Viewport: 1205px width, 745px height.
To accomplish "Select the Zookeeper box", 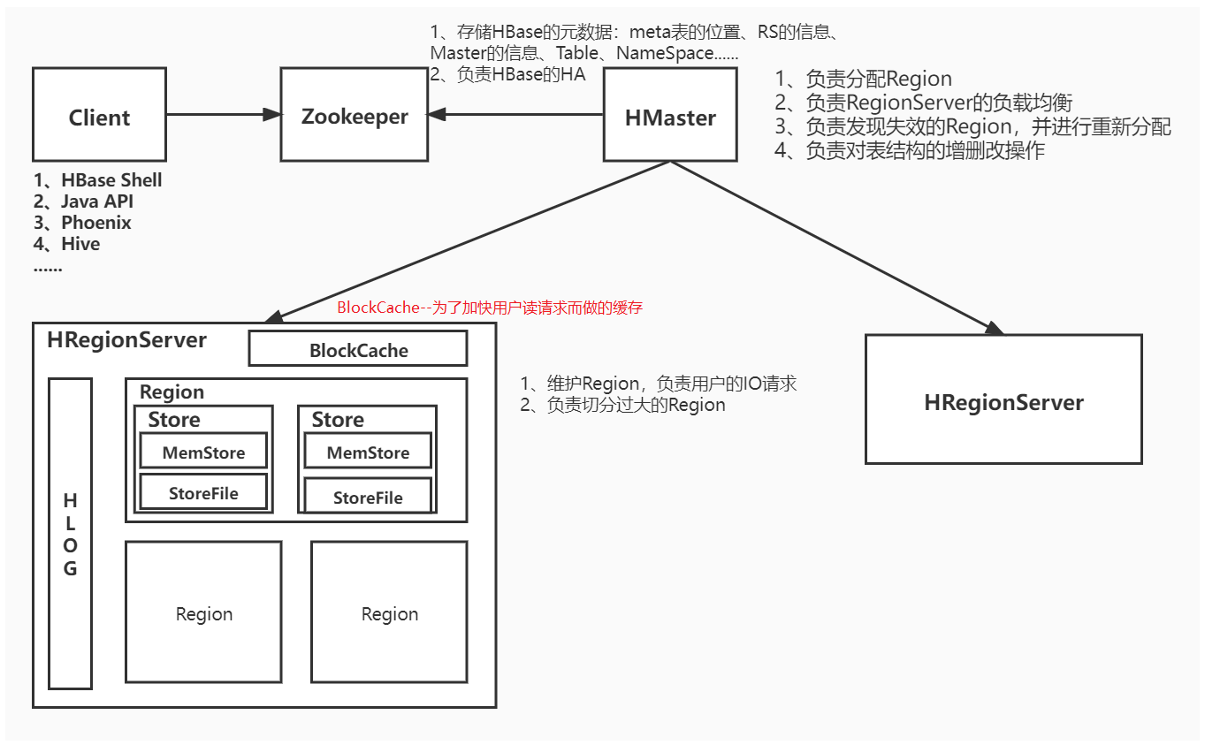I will pos(354,115).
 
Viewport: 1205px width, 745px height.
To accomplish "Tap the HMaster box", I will pos(670,115).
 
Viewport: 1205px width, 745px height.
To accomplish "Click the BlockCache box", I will pos(358,349).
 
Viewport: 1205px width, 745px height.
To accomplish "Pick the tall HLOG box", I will pos(70,534).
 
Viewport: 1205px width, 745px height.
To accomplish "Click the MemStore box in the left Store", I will pos(203,452).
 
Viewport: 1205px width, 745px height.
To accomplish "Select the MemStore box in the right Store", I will pos(368,452).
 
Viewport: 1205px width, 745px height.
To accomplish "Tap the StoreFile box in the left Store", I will pos(203,492).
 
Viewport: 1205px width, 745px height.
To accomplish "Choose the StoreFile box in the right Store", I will pos(368,496).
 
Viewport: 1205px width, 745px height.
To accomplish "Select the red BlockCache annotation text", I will pos(490,308).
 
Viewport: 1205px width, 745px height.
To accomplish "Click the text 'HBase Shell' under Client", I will pos(111,180).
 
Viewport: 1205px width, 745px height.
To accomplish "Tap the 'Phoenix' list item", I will pos(95,223).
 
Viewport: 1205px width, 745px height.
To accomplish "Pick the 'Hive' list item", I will pos(80,244).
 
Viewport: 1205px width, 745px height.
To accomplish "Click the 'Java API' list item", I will pos(96,201).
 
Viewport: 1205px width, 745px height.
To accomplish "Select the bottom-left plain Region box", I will pos(203,612).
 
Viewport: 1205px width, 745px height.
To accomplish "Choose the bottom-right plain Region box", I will pos(389,612).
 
